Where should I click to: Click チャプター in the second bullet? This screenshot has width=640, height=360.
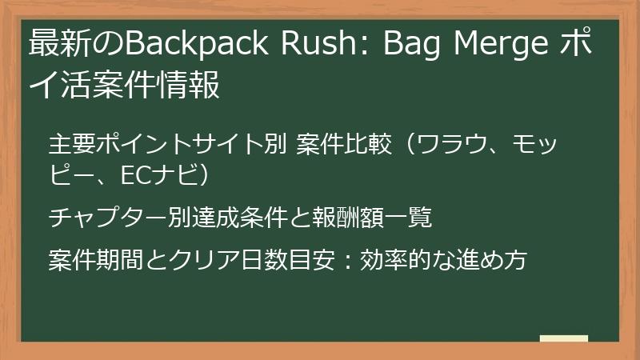[x=98, y=217]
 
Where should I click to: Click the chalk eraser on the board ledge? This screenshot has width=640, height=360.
[x=563, y=338]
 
